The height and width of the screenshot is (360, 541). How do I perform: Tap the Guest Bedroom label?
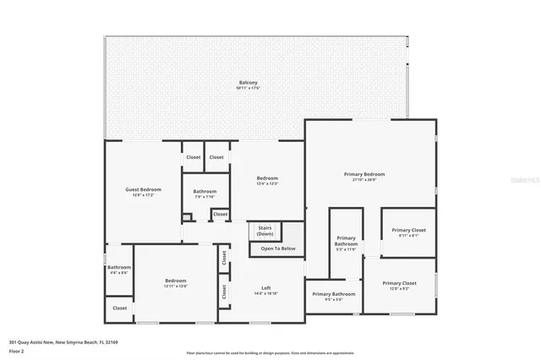click(x=143, y=189)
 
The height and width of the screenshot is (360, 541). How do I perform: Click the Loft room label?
click(x=265, y=288)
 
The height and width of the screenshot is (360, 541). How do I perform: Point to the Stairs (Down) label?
click(x=265, y=231)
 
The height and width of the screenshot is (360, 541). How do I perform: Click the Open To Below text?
click(x=277, y=248)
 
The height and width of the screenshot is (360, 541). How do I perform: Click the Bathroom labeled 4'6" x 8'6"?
click(x=118, y=270)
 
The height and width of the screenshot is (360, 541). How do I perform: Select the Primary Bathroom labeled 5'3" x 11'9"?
click(x=347, y=243)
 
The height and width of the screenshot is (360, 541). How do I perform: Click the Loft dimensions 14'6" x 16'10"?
click(x=265, y=294)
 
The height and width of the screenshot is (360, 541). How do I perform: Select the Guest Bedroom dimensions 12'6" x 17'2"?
click(x=143, y=195)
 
